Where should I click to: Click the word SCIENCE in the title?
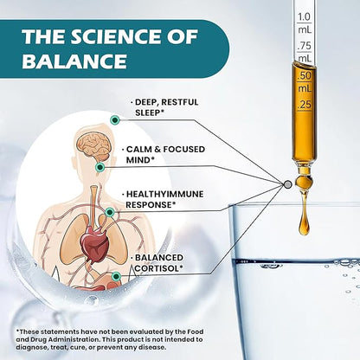point(117,36)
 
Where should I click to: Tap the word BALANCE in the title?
point(74,61)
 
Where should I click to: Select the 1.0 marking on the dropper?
point(304,16)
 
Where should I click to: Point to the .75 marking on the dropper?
point(305,45)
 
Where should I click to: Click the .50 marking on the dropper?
point(305,75)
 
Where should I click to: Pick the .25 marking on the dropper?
point(305,105)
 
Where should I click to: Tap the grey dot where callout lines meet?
point(287,184)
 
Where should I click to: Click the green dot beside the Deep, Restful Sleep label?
point(115,120)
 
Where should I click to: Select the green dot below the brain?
point(100,167)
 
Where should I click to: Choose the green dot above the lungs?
point(109,213)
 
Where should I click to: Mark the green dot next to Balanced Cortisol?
point(116,276)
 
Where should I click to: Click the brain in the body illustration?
point(94,146)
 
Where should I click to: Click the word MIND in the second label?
point(138,160)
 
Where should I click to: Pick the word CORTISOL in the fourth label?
point(158,268)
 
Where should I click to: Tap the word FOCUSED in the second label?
point(184,149)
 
